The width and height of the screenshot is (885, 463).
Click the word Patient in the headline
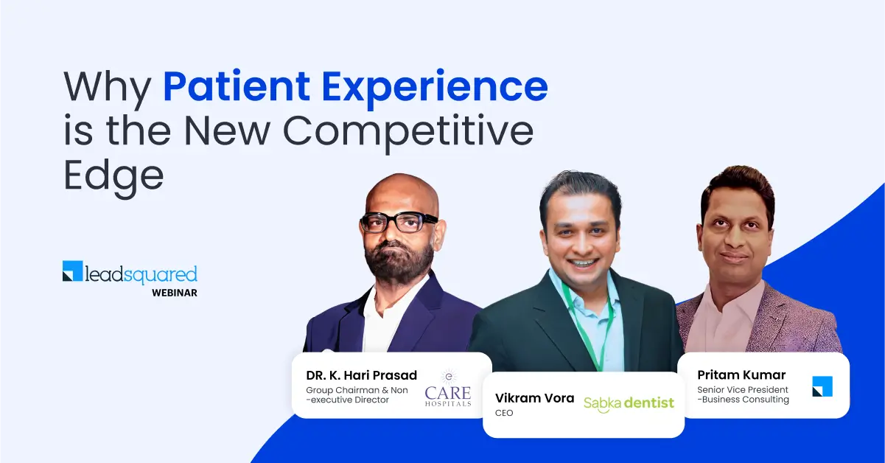tap(236, 88)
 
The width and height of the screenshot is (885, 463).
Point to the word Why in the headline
tap(108, 88)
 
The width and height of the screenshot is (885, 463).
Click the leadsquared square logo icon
tap(73, 271)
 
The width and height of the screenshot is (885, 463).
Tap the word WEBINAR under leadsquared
tap(174, 293)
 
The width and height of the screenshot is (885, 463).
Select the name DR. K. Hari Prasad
tap(361, 376)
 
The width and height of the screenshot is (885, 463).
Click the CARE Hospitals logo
tap(447, 388)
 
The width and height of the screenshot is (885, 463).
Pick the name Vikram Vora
tap(534, 398)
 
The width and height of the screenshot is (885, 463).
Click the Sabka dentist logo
tap(629, 403)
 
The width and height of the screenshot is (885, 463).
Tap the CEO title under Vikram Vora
tap(504, 414)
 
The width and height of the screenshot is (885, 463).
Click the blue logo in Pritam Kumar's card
tap(822, 386)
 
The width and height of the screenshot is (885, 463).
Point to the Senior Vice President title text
tap(742, 390)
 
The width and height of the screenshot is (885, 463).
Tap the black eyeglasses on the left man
tap(399, 221)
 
